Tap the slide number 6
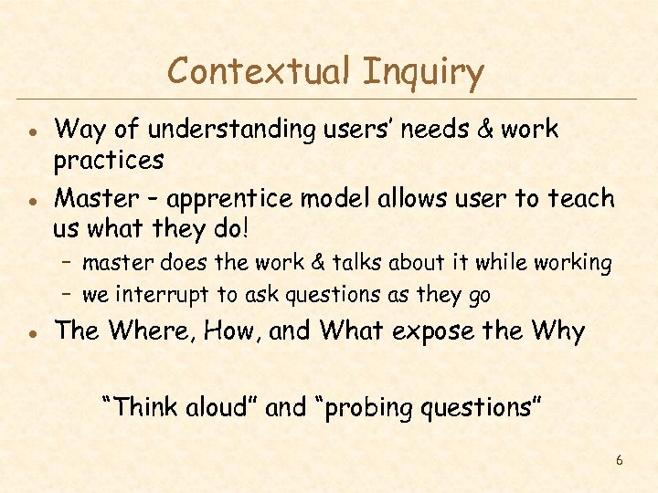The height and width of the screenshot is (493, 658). pyautogui.click(x=619, y=460)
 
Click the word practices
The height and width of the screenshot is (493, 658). pyautogui.click(x=109, y=162)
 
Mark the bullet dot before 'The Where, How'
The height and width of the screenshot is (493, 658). pyautogui.click(x=31, y=332)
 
